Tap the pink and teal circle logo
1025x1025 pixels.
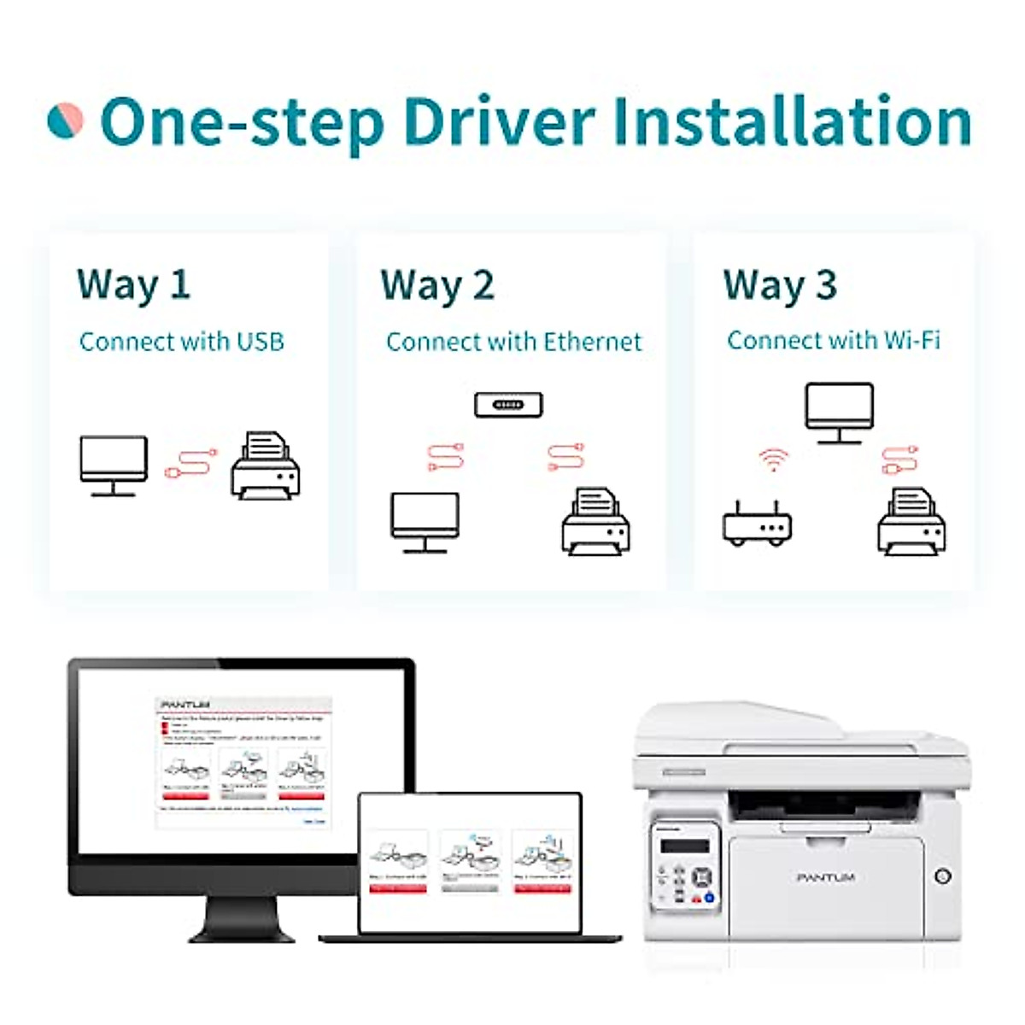click(65, 120)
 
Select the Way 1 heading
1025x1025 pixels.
click(133, 285)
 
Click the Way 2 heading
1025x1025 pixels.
click(437, 285)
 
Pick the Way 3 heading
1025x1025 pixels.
click(779, 285)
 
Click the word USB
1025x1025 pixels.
click(260, 342)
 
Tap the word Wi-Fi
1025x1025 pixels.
click(911, 340)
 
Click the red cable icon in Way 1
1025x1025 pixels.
click(190, 463)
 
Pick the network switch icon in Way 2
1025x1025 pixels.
click(508, 404)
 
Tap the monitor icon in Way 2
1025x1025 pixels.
click(425, 522)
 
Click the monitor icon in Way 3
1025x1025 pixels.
click(839, 413)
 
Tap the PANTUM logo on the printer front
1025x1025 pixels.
click(825, 877)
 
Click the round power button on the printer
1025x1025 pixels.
click(943, 876)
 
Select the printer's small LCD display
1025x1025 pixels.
click(686, 846)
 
